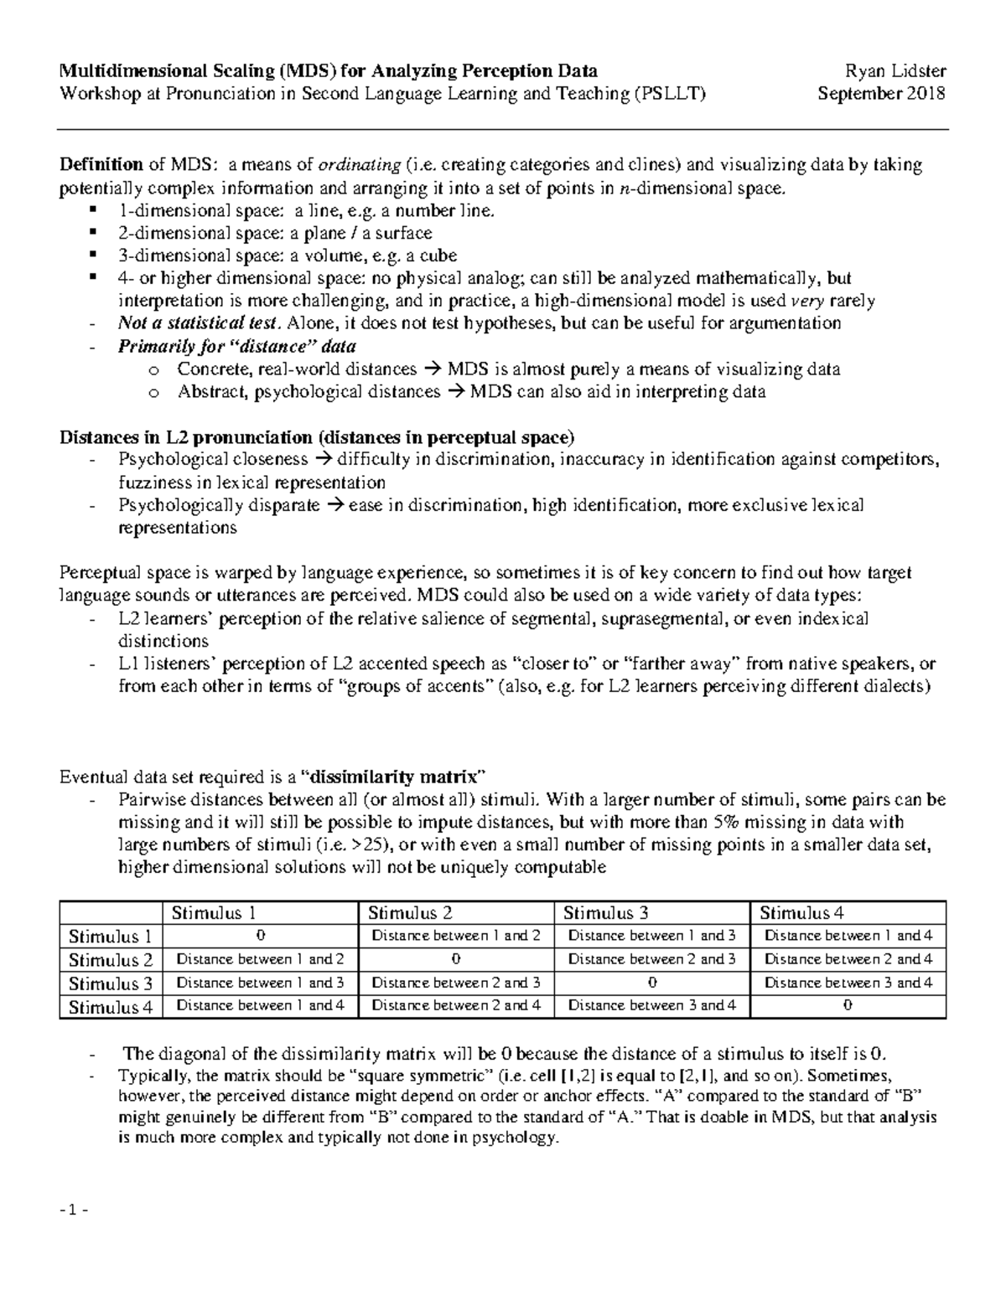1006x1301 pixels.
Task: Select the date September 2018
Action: pyautogui.click(x=881, y=93)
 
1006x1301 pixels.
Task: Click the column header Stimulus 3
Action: pyautogui.click(x=605, y=913)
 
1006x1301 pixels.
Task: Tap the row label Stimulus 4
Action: pyautogui.click(x=111, y=1007)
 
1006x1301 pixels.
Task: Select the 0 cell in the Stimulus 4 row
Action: pyautogui.click(x=848, y=1006)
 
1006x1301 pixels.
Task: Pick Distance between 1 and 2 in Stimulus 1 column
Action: pyautogui.click(x=260, y=959)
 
